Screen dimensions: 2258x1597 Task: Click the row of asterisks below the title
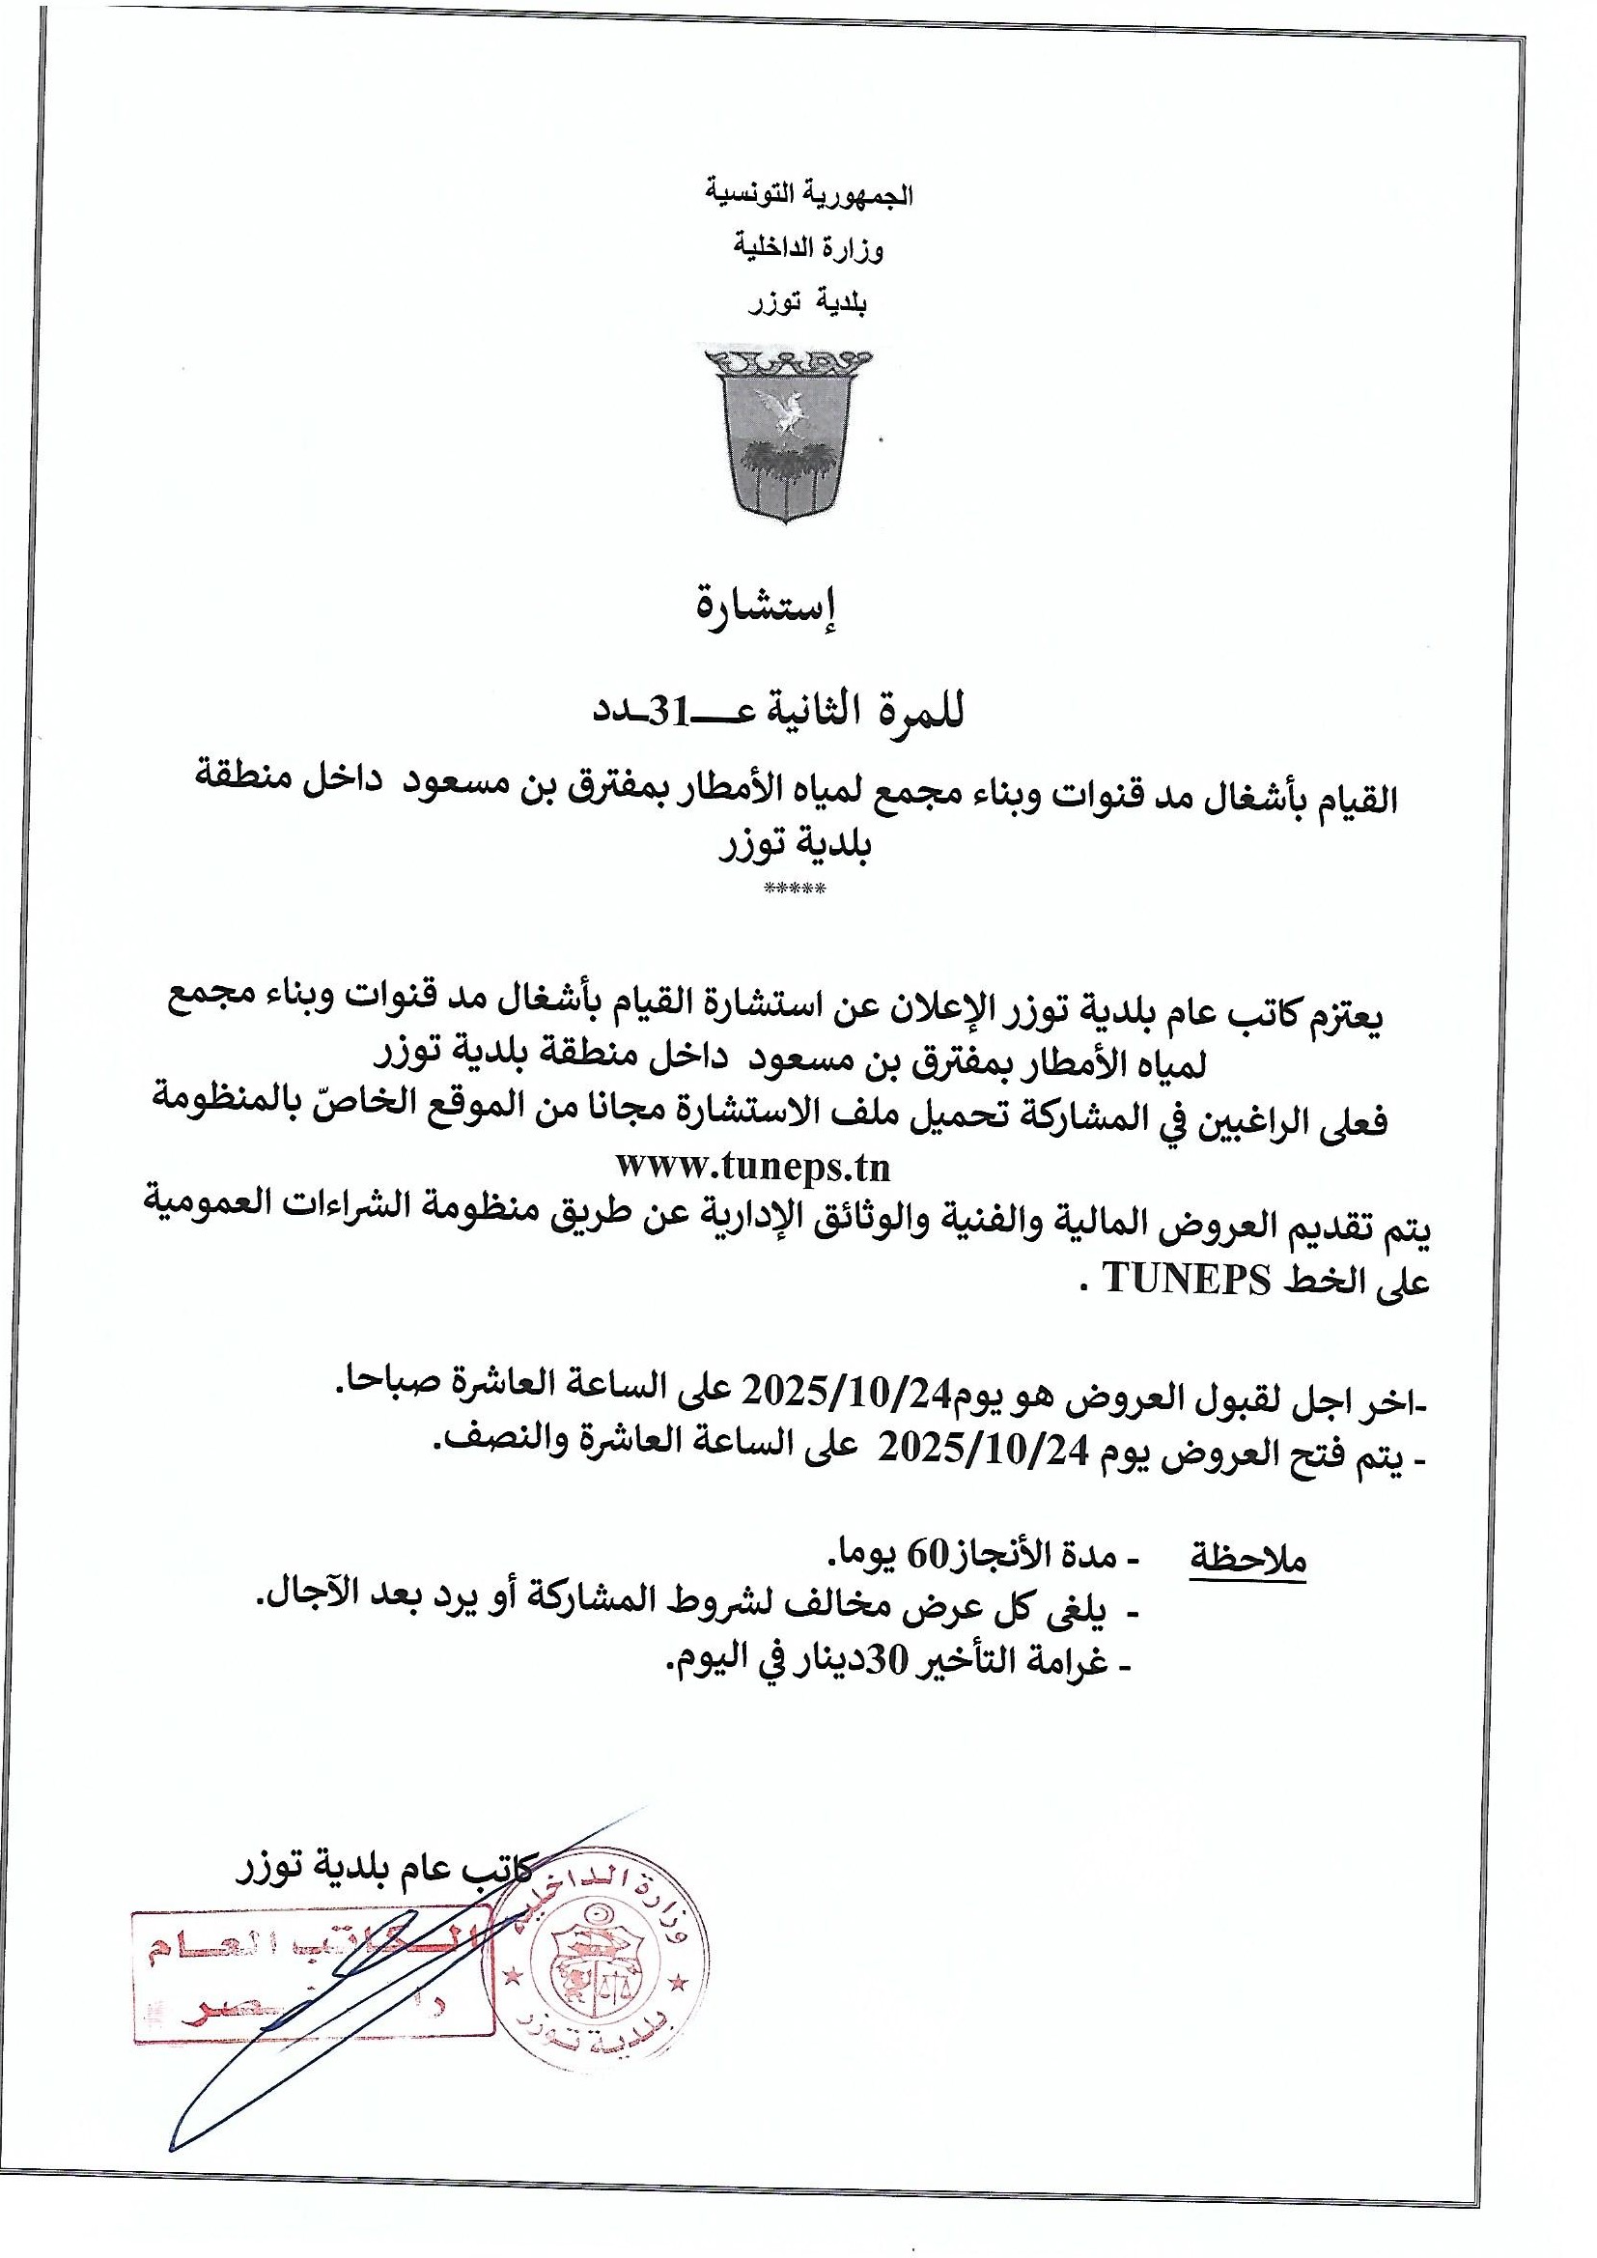[796, 889]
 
